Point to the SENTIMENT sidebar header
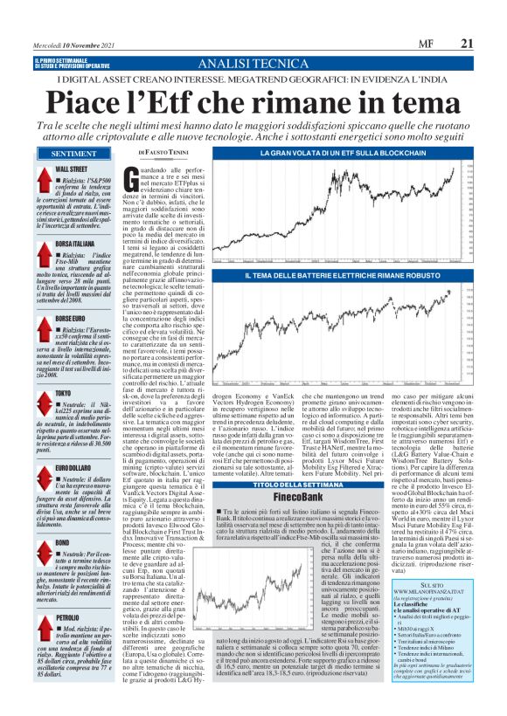(76, 155)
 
